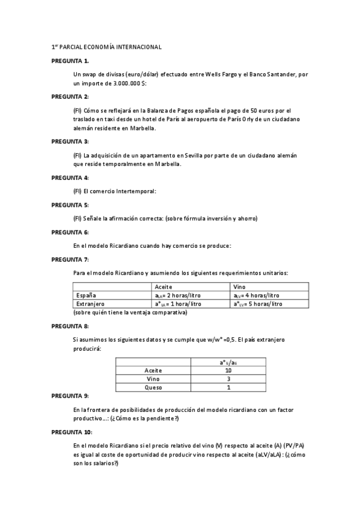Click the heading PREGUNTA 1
pos(70,61)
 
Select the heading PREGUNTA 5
pos(70,204)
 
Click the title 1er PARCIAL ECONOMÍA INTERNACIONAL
pos(106,47)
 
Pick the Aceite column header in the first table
pos(163,287)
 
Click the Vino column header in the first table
pos(239,287)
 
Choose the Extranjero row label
pos(88,304)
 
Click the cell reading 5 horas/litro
pos(260,304)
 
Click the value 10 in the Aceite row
pos(228,370)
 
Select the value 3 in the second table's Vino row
pos(228,379)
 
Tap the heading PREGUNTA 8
pos(70,326)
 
